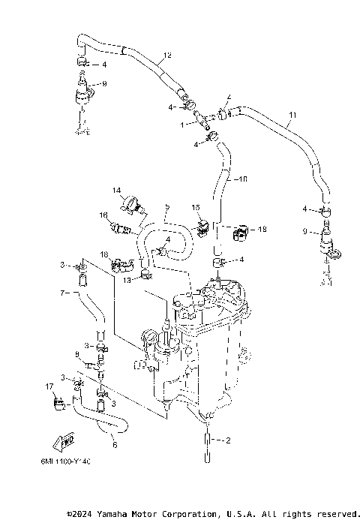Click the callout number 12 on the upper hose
coord(167,56)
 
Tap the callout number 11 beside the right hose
coord(292,115)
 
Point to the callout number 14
coord(117,191)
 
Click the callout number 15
coord(195,206)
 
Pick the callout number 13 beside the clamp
coord(127,280)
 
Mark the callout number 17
coord(49,386)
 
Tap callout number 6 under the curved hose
coord(114,444)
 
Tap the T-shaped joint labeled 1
coord(200,119)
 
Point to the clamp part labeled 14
coord(133,201)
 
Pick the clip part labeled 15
coord(202,224)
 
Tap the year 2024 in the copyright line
coord(82,514)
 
